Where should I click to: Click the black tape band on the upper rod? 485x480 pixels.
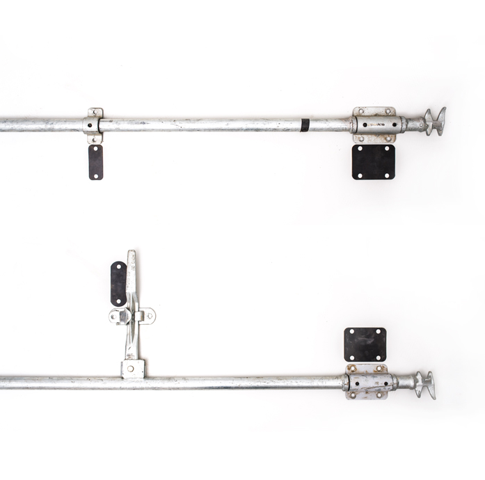[x=305, y=125]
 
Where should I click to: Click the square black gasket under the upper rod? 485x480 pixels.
[x=374, y=162]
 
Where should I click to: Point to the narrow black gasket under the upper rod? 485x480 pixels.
[x=95, y=162]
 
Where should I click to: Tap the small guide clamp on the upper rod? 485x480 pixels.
[x=93, y=125]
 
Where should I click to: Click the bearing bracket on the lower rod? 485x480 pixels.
[x=366, y=382]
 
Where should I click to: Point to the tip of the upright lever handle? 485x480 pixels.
[x=131, y=255]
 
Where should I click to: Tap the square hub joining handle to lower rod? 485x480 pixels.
[x=132, y=369]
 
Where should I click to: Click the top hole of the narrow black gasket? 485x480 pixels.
[x=95, y=150]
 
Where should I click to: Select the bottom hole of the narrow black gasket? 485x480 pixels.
[x=95, y=175]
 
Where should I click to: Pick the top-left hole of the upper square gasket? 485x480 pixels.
[x=358, y=150]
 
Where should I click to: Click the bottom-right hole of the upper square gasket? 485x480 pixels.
[x=389, y=175]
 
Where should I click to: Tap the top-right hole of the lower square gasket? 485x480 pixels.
[x=380, y=333]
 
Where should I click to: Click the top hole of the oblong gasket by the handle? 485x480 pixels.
[x=118, y=268]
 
